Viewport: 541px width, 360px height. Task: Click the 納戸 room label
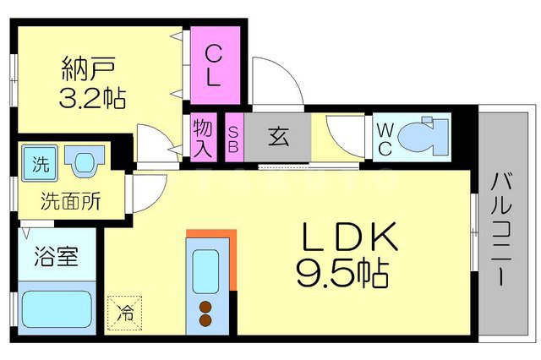(x=87, y=66)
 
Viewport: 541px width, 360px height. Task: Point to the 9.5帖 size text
(x=342, y=272)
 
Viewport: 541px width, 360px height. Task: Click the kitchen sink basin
(x=205, y=270)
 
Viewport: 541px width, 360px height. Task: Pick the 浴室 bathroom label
(x=56, y=256)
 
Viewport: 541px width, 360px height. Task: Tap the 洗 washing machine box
(x=39, y=161)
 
